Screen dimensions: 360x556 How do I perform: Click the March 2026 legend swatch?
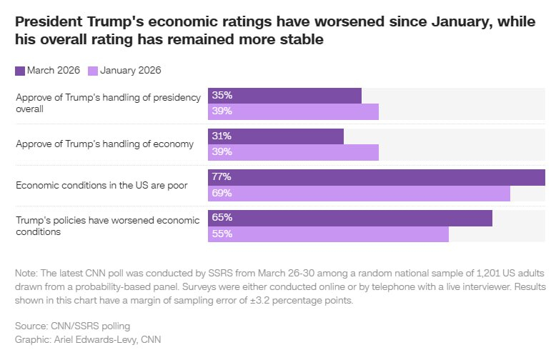click(x=20, y=70)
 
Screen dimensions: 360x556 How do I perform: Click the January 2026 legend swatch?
click(x=93, y=70)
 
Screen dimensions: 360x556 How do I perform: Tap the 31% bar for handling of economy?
click(x=276, y=136)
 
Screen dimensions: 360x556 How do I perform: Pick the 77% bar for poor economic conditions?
click(x=376, y=177)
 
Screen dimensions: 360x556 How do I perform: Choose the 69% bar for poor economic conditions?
click(x=359, y=194)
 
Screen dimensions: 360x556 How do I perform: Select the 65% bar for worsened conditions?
click(x=350, y=218)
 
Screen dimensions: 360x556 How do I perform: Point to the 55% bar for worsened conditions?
click(x=328, y=234)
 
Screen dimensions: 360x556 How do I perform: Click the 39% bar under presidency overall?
click(x=293, y=112)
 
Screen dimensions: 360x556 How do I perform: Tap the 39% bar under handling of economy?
click(x=293, y=153)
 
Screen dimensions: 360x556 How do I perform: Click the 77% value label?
click(x=222, y=177)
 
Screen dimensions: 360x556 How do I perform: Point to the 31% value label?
click(x=222, y=136)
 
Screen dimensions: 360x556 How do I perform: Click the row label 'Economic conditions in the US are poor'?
click(x=101, y=185)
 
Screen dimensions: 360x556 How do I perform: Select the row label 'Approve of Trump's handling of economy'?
click(x=104, y=144)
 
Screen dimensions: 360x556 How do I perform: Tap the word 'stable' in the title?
click(x=302, y=40)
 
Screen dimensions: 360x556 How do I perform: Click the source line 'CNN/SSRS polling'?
click(x=80, y=326)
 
